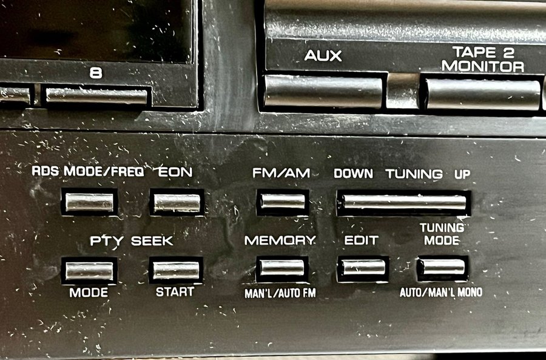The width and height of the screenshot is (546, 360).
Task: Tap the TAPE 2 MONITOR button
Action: pos(483,94)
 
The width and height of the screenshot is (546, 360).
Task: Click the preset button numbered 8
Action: pos(96,96)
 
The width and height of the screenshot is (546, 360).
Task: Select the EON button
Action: pos(177,203)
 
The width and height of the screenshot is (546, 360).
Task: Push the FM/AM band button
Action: pos(283,202)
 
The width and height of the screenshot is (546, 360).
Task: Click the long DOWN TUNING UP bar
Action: pos(404,202)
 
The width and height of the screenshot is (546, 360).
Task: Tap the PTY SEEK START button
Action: pos(176,270)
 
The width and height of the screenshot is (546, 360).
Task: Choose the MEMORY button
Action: pos(282,268)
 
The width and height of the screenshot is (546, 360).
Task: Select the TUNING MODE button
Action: pos(442,267)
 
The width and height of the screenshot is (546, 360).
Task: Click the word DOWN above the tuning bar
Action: pos(353,174)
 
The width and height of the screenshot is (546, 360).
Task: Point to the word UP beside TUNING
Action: pos(462,174)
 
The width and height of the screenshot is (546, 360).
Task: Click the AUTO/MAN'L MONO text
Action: pos(441,292)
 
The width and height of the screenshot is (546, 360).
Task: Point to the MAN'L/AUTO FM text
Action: pos(280,293)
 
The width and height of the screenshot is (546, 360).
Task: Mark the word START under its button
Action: pos(175,291)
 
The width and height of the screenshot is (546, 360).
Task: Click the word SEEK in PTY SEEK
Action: pos(152,241)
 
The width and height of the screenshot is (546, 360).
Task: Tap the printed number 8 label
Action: pos(96,73)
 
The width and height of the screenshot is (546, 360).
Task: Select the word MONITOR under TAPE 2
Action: pos(483,66)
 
